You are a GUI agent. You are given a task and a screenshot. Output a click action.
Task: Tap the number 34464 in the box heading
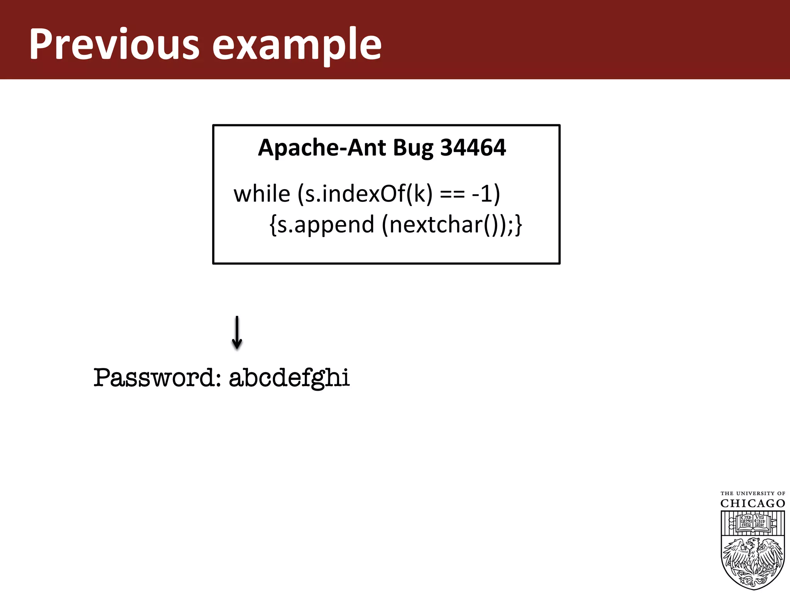473,147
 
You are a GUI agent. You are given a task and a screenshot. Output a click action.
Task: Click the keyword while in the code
262,193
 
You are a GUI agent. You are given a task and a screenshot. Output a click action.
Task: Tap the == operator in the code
452,194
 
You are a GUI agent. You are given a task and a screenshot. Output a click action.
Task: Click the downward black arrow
237,332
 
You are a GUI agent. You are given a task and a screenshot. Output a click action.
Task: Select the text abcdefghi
289,378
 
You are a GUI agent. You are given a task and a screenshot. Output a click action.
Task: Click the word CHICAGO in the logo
753,503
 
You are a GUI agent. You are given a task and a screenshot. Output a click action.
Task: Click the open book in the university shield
753,522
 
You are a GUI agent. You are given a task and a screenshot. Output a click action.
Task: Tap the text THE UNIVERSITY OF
753,493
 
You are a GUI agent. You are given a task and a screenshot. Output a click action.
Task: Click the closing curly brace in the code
518,225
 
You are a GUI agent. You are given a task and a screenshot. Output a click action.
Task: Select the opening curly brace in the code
273,225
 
